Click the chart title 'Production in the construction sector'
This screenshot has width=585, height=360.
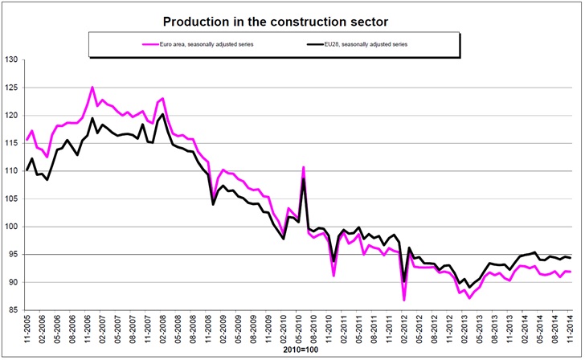pyautogui.click(x=292, y=20)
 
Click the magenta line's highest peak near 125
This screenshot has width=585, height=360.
pyautogui.click(x=92, y=87)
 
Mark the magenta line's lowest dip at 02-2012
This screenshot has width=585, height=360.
pyautogui.click(x=404, y=300)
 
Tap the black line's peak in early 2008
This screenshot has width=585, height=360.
pyautogui.click(x=163, y=114)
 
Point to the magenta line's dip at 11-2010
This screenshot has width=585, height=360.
pyautogui.click(x=333, y=276)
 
